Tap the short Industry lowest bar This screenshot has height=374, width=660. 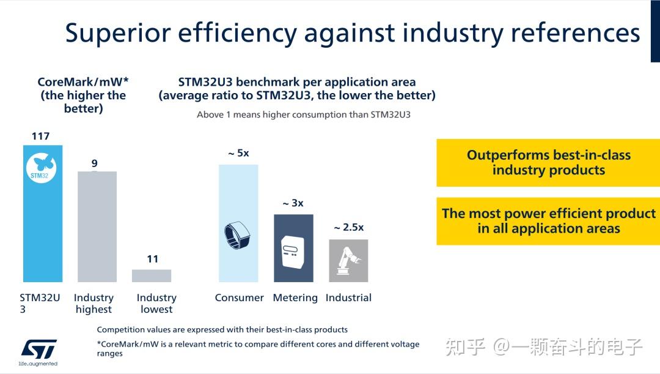tap(152, 275)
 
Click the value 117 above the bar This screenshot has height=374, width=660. tap(40, 136)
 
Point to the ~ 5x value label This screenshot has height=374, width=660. tap(238, 153)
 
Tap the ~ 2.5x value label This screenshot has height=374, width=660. tap(348, 227)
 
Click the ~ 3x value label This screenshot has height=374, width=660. tap(293, 203)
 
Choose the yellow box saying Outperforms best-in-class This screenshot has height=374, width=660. tap(548, 163)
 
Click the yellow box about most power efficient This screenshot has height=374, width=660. tap(548, 221)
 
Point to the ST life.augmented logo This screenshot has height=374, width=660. tap(38, 353)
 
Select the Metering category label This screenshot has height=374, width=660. tap(295, 297)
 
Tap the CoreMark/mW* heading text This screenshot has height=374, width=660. tap(82, 82)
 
